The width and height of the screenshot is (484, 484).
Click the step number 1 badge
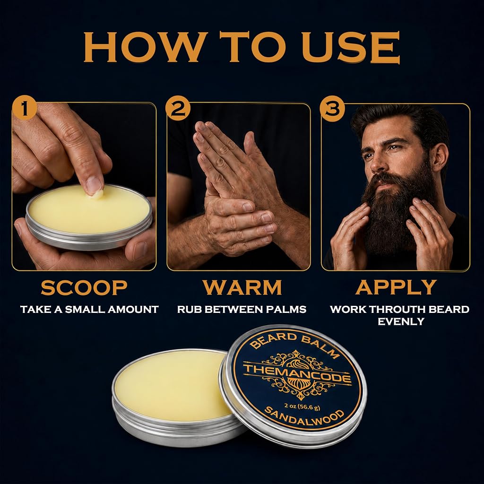(x=25, y=108)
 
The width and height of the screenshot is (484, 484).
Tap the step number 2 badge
(x=178, y=108)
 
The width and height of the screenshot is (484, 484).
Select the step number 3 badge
(x=332, y=108)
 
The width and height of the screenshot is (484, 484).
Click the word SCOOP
(x=84, y=287)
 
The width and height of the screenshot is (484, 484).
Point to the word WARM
(x=242, y=287)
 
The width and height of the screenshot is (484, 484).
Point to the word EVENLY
(x=401, y=321)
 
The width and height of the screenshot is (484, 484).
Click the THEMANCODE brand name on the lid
(x=297, y=373)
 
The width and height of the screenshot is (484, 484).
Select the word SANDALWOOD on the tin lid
(x=304, y=417)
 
